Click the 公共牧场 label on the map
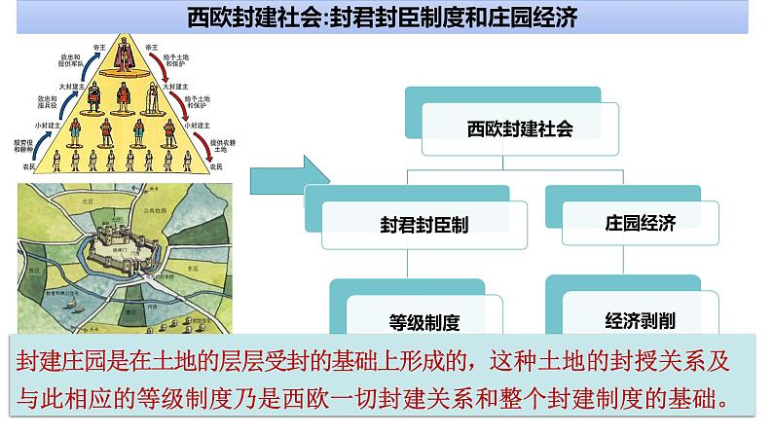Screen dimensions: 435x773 click(x=157, y=210)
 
